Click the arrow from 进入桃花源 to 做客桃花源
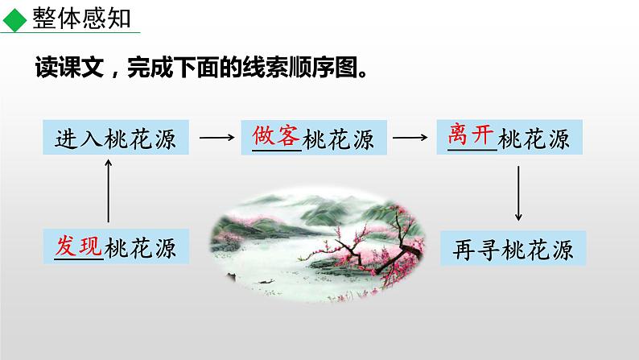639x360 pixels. [216, 138]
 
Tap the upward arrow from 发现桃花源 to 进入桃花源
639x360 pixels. [109, 189]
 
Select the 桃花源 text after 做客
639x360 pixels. [339, 139]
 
